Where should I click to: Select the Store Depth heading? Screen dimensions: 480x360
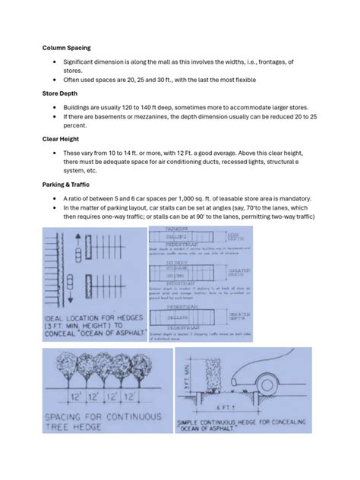(x=62, y=94)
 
